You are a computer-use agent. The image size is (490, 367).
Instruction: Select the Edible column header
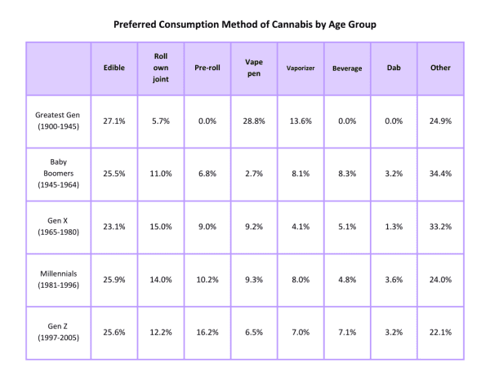[x=114, y=68]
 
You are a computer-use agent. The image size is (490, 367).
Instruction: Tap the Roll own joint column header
[x=161, y=68]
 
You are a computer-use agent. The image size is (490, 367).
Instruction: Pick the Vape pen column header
[x=253, y=68]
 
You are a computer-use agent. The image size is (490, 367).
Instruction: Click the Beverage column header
[x=347, y=69]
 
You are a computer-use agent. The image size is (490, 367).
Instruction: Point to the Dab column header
[x=393, y=68]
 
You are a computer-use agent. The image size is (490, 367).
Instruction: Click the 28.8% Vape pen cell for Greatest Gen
[x=253, y=121]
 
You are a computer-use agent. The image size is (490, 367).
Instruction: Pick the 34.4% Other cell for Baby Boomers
[x=439, y=174]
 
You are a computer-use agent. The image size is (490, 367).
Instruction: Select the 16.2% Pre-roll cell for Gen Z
[x=207, y=331]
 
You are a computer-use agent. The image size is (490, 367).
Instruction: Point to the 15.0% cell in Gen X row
[x=161, y=226]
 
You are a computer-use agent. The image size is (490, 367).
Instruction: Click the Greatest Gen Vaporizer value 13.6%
[x=301, y=121]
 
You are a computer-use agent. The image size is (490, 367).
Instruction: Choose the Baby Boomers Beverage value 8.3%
[x=347, y=174]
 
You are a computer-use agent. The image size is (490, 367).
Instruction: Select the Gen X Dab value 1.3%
[x=393, y=226]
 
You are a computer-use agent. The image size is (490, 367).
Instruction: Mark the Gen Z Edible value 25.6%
[x=114, y=331]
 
